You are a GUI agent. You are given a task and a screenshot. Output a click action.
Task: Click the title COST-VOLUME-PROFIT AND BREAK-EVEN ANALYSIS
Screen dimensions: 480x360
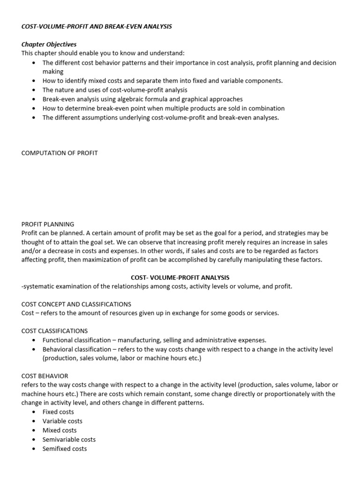click(97, 26)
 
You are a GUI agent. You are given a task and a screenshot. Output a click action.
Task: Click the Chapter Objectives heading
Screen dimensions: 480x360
click(49, 44)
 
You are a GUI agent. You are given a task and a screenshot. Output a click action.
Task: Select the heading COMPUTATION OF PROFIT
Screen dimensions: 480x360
click(60, 153)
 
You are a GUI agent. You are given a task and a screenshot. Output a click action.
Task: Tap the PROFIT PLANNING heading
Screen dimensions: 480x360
click(48, 224)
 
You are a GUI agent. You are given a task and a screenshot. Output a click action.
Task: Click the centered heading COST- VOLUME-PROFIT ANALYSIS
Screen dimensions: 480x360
click(180, 277)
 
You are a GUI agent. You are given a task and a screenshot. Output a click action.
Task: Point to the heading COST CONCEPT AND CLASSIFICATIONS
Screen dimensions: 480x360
click(76, 304)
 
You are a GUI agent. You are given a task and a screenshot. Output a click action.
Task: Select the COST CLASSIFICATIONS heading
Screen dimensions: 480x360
click(54, 331)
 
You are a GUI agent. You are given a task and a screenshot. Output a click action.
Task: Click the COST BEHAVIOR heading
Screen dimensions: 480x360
click(45, 376)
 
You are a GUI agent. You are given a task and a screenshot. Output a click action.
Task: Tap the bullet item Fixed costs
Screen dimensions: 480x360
click(58, 412)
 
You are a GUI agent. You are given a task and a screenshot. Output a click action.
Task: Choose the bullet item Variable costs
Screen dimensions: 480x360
click(62, 421)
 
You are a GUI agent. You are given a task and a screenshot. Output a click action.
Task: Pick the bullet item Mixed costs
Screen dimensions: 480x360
click(60, 430)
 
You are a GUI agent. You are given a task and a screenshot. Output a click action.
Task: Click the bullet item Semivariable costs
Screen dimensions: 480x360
click(69, 439)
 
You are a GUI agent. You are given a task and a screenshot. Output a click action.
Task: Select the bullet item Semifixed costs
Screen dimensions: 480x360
click(65, 449)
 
